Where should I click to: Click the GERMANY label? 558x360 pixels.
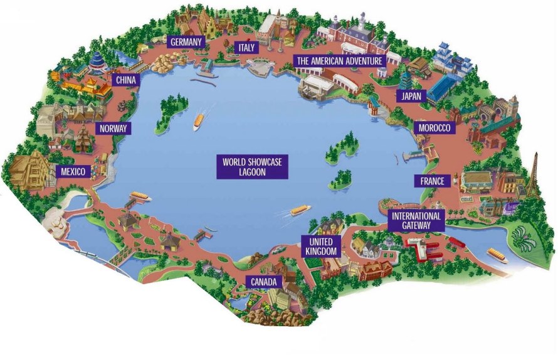pyautogui.click(x=186, y=42)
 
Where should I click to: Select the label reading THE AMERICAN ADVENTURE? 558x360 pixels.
pyautogui.click(x=339, y=61)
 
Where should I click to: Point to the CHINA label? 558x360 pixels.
pyautogui.click(x=125, y=80)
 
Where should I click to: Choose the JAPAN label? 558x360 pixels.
pyautogui.click(x=411, y=96)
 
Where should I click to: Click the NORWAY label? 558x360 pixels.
pyautogui.click(x=113, y=129)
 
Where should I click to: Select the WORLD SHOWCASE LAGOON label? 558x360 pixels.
pyautogui.click(x=252, y=167)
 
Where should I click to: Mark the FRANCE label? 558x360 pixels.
pyautogui.click(x=433, y=181)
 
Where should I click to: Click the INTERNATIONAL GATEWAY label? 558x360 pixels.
pyautogui.click(x=416, y=220)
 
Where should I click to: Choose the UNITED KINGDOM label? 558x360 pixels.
pyautogui.click(x=322, y=246)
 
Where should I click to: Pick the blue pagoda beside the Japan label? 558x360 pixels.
pyautogui.click(x=405, y=80)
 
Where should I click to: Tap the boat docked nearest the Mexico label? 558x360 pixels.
pyautogui.click(x=139, y=198)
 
